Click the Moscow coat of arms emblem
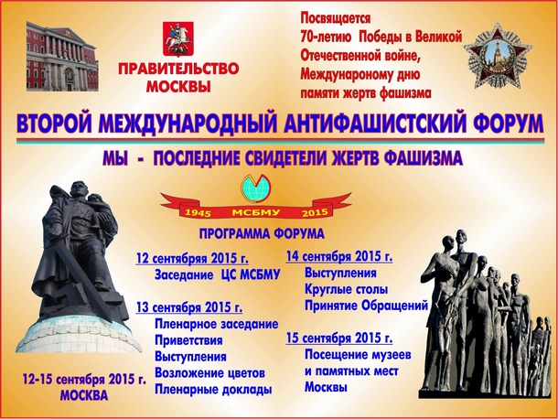[x=178, y=39]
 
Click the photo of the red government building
[x=62, y=56]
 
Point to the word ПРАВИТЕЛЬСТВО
[x=178, y=69]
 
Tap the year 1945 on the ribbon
[x=199, y=213]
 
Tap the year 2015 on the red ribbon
[x=315, y=213]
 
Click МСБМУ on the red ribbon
[x=256, y=213]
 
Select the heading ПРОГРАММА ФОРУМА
[x=262, y=234]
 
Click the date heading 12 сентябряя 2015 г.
[x=192, y=258]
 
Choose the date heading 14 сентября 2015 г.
[x=339, y=256]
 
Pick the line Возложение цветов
[x=210, y=373]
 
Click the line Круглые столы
[x=347, y=289]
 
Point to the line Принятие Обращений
[x=366, y=306]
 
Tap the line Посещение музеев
[x=358, y=355]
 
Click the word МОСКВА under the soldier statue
[x=84, y=395]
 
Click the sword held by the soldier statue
[x=82, y=271]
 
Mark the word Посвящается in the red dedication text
[x=336, y=17]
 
